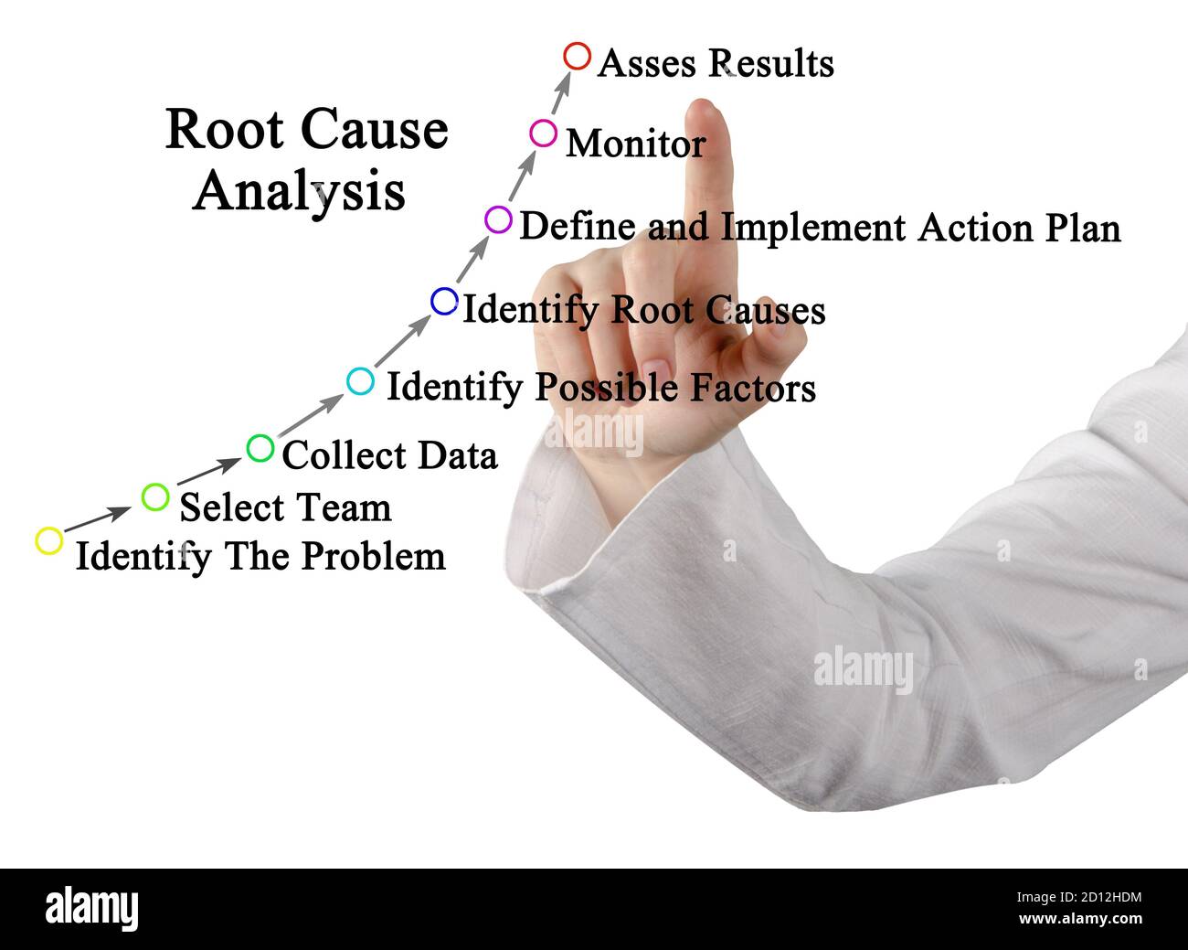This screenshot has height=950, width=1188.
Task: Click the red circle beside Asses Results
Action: click(577, 56)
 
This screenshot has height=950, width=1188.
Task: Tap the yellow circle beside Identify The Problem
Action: click(48, 540)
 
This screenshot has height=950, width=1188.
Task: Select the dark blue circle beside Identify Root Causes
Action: click(444, 301)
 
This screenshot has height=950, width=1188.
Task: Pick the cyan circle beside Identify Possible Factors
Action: click(360, 380)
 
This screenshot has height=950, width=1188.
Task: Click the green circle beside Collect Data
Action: click(260, 448)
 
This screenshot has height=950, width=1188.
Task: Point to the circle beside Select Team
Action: click(155, 496)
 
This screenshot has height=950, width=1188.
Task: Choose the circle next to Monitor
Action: click(543, 133)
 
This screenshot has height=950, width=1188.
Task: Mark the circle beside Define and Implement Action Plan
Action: click(498, 219)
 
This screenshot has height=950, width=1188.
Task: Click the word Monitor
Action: click(635, 144)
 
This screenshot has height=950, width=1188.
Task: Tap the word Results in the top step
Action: click(772, 64)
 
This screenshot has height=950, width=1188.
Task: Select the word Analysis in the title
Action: click(299, 191)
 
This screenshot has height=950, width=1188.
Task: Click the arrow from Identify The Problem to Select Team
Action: click(97, 518)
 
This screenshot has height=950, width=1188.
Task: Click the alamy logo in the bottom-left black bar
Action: click(91, 909)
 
